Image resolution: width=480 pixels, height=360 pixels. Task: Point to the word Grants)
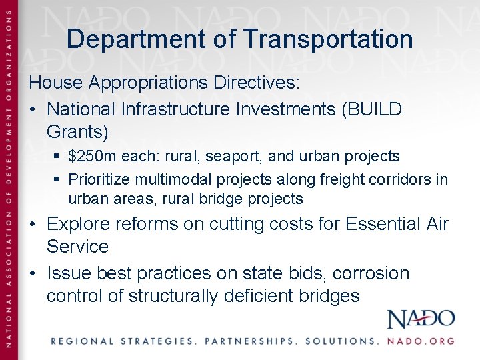click(77, 132)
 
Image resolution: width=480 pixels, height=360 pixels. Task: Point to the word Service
click(77, 247)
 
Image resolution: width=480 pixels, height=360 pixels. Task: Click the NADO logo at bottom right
click(421, 319)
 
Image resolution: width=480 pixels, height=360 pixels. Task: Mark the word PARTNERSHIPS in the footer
click(251, 341)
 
